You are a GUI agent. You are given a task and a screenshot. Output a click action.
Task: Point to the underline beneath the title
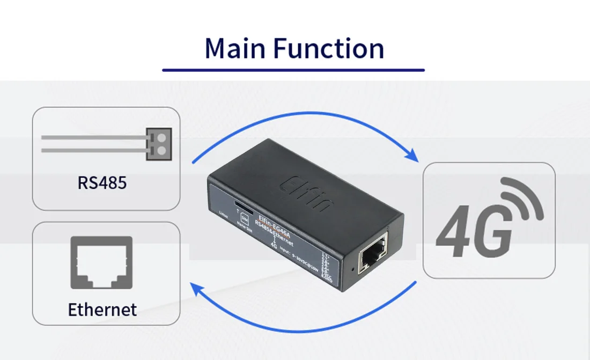(x=293, y=70)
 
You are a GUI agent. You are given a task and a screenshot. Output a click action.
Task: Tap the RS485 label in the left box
(x=102, y=182)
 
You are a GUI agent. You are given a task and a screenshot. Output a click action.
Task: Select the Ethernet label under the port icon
(x=102, y=310)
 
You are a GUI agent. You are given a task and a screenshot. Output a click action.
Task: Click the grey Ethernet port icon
(x=101, y=263)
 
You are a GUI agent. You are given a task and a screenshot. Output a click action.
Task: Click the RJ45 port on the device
(x=374, y=258)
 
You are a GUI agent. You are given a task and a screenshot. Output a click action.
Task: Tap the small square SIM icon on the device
(x=245, y=218)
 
